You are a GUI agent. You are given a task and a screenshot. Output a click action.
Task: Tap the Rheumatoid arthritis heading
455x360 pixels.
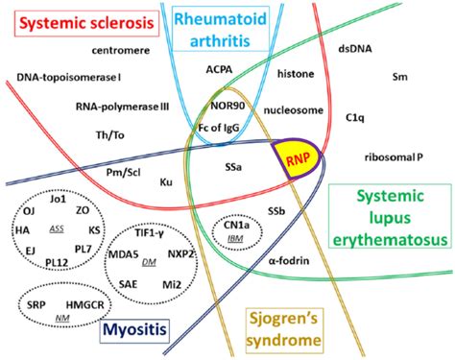click(223, 28)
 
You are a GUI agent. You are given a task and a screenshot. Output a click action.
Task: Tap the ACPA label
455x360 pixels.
click(220, 69)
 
